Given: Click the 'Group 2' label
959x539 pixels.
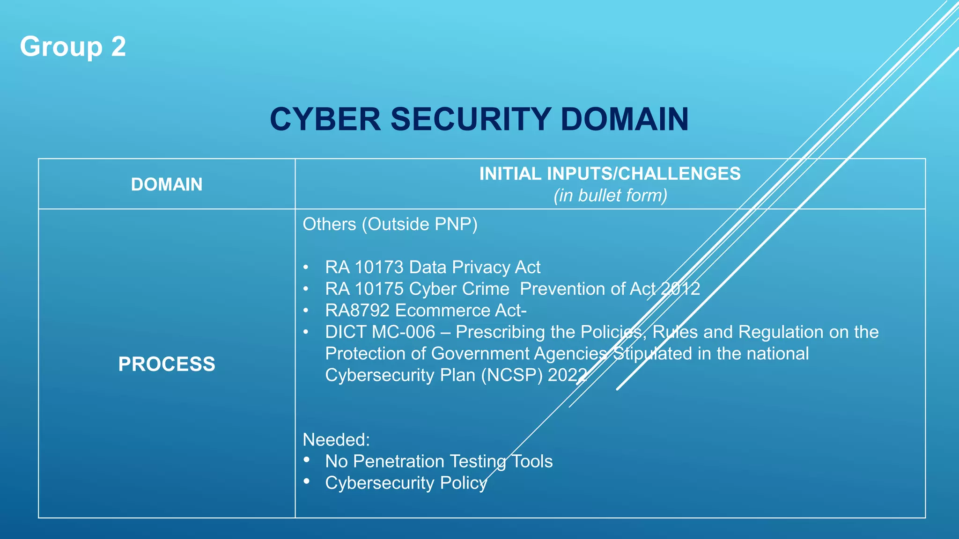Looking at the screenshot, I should [73, 47].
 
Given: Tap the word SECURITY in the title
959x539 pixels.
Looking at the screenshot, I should [470, 119].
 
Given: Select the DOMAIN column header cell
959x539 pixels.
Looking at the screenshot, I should [167, 184].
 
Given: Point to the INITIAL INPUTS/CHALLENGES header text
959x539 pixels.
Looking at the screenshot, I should [610, 174].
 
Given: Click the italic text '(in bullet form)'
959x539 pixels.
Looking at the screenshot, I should [610, 196].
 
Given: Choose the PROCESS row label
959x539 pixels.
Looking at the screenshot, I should [167, 364].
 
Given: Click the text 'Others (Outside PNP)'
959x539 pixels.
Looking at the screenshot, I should [390, 224].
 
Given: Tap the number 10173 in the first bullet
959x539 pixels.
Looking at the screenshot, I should [379, 267].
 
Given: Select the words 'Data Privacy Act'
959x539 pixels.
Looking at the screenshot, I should [475, 267].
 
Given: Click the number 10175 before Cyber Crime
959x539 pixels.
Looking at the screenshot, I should [379, 289].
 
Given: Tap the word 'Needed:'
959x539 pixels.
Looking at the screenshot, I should [336, 440].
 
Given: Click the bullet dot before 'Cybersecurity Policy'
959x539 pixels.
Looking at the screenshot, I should [307, 481].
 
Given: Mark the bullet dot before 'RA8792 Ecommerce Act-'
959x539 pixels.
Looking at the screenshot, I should [306, 310].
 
